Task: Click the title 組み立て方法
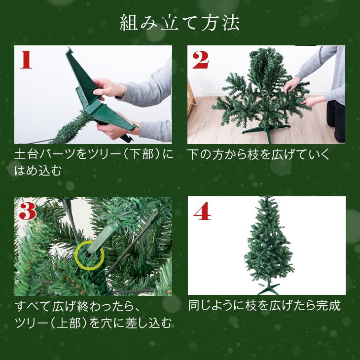(180, 23)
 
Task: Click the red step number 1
(26, 59)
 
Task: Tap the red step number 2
(200, 59)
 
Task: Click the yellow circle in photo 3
(89, 255)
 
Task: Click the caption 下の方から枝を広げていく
(258, 155)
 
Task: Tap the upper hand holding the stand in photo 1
(109, 87)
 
